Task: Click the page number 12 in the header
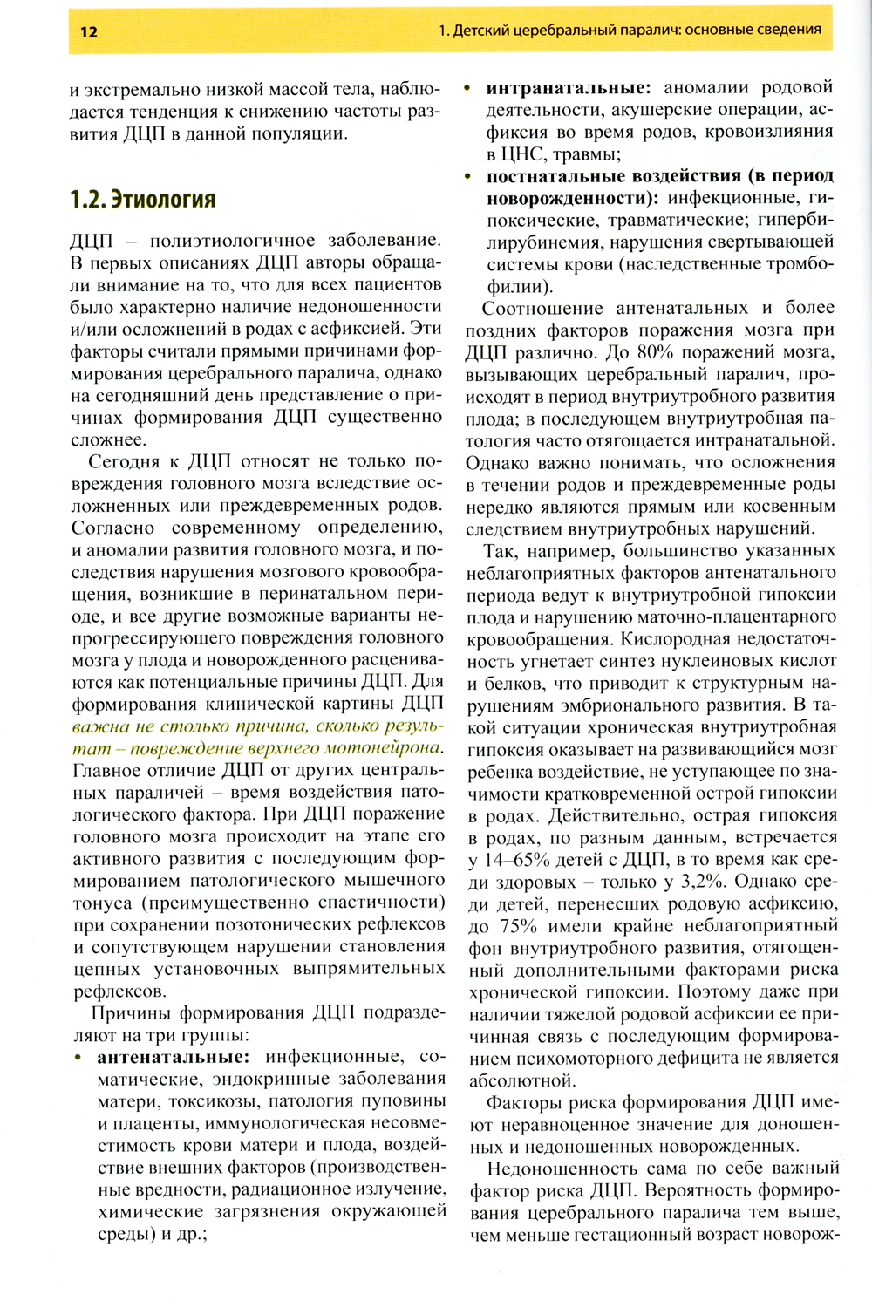[x=88, y=32]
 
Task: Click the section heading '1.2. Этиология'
[x=142, y=200]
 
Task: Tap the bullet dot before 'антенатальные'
[x=78, y=1058]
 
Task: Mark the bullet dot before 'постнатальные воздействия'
[x=469, y=177]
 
